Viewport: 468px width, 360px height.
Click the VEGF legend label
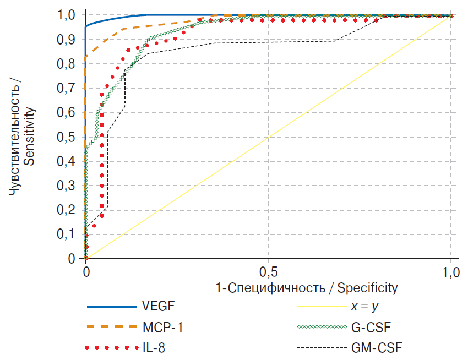click(x=159, y=306)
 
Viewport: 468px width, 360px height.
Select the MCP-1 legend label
click(x=164, y=327)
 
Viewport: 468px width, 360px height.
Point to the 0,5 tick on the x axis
click(x=268, y=271)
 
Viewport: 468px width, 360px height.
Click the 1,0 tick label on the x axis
click(x=451, y=271)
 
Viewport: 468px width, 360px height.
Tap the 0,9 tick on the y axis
click(x=66, y=40)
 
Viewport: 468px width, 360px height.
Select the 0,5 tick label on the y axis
click(x=66, y=137)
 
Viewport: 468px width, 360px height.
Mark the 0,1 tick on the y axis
click(x=66, y=234)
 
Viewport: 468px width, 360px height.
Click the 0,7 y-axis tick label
click(x=66, y=89)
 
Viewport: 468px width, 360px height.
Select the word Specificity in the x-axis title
click(x=367, y=287)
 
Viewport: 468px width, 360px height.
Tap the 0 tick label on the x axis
click(x=86, y=271)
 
